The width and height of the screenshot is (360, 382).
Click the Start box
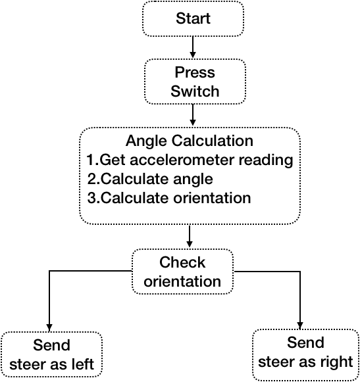193,19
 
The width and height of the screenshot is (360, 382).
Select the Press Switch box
195,82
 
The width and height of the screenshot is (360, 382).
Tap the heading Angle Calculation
190,141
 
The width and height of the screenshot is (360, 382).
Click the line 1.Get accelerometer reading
190,160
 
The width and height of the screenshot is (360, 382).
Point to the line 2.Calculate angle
150,179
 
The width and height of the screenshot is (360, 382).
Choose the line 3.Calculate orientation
169,198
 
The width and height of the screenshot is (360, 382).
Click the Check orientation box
182,272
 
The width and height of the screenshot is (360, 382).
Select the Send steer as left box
51,354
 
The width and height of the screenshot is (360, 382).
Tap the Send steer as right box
305,354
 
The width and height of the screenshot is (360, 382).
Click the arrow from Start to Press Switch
193,47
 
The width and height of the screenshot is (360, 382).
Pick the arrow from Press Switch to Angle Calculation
193,115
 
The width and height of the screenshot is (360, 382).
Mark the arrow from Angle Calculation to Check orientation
190,236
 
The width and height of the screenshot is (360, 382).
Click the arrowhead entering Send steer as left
49,328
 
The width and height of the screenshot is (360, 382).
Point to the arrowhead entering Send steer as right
300,325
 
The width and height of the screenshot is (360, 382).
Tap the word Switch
195,91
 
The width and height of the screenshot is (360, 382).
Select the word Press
195,72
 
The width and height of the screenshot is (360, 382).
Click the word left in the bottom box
83,364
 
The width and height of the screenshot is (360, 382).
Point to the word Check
182,262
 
